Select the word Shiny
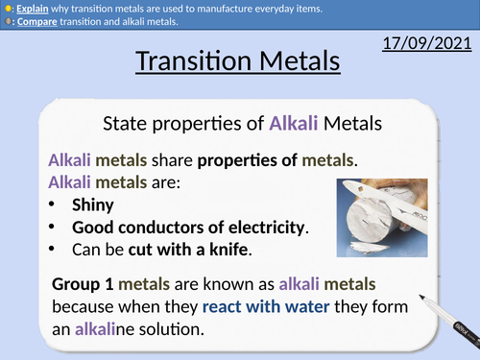pos(94,204)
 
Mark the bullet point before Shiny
pos(53,204)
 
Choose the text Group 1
pos(84,285)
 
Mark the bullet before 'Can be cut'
pos(53,251)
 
